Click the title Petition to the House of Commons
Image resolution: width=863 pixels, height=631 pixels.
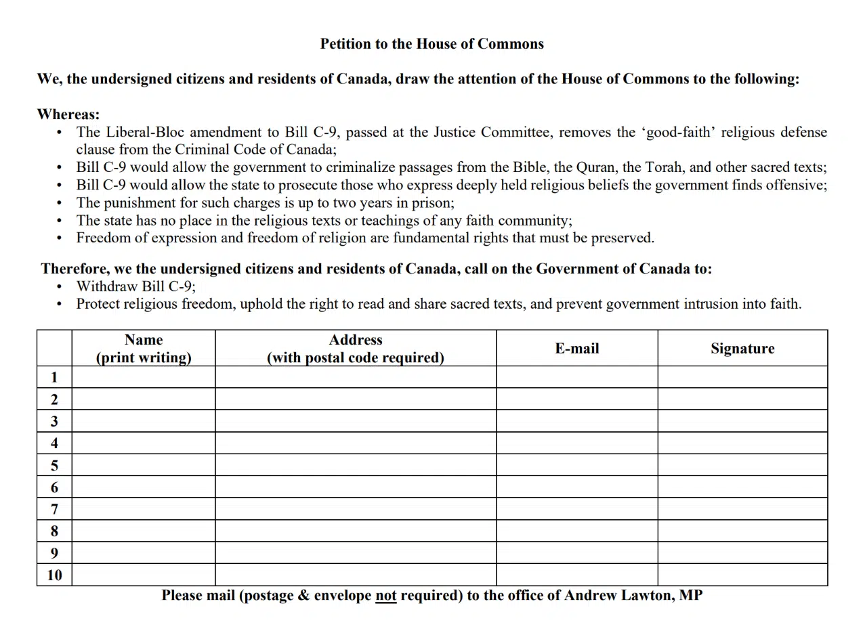click(432, 44)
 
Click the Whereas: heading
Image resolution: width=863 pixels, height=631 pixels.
click(68, 114)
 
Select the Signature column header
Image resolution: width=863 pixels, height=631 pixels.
click(742, 349)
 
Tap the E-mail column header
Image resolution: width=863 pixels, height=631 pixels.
click(576, 349)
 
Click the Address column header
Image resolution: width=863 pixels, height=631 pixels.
click(356, 349)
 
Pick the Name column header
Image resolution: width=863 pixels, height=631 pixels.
click(144, 349)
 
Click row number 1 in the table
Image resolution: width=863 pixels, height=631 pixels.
click(54, 377)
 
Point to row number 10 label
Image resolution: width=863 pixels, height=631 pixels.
click(54, 575)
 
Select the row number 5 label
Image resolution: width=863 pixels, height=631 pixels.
click(54, 465)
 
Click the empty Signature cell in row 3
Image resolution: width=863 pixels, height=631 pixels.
click(742, 421)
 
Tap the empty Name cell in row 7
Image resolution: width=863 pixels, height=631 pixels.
click(144, 509)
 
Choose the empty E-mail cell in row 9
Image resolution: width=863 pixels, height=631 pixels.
click(576, 553)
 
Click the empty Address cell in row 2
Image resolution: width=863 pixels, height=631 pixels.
click(356, 399)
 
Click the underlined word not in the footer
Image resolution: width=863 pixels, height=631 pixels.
click(385, 596)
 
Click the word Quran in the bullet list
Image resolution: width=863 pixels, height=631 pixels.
click(595, 167)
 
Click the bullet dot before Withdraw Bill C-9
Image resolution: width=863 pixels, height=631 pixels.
click(59, 286)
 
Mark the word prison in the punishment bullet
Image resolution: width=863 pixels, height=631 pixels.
click(432, 202)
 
